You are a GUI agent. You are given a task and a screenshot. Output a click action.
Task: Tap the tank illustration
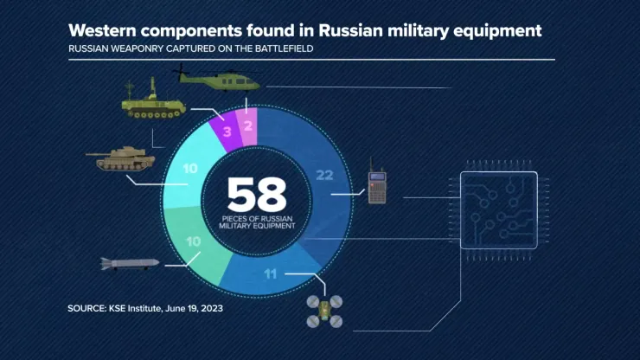(120, 158)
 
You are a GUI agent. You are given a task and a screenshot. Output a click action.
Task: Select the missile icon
(130, 264)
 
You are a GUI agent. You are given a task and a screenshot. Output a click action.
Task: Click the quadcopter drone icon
(324, 312)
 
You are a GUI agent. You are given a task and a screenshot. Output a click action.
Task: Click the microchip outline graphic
(499, 210)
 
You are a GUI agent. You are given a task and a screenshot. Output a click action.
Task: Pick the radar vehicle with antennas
(153, 100)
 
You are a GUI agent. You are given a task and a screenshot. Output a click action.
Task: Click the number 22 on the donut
(324, 176)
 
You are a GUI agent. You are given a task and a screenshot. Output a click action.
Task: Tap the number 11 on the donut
(270, 273)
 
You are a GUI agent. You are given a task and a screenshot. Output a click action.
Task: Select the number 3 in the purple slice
(227, 132)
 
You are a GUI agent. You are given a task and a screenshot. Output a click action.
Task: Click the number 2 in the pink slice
(248, 125)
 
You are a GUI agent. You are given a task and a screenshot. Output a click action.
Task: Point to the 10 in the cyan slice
(190, 169)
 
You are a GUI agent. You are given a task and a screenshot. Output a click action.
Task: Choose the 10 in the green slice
(194, 241)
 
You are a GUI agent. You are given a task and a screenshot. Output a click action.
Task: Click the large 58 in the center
(257, 195)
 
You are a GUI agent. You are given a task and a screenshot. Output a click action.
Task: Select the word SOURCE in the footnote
(87, 309)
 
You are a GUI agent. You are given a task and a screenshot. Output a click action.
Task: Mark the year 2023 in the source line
(211, 309)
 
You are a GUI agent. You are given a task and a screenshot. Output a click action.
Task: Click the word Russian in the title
(350, 30)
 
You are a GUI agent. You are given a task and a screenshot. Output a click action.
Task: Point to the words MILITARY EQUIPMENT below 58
(257, 226)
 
